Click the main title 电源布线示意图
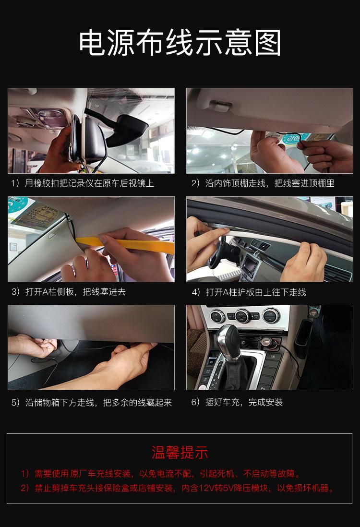[x=180, y=43]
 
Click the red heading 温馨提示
[x=180, y=453]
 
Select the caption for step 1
[x=83, y=183]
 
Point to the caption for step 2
[x=263, y=183]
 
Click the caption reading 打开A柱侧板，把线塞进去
[x=69, y=292]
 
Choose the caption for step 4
[x=249, y=292]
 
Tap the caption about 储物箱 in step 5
[x=91, y=402]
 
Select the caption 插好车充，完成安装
[x=237, y=402]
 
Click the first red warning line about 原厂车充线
[x=161, y=474]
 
